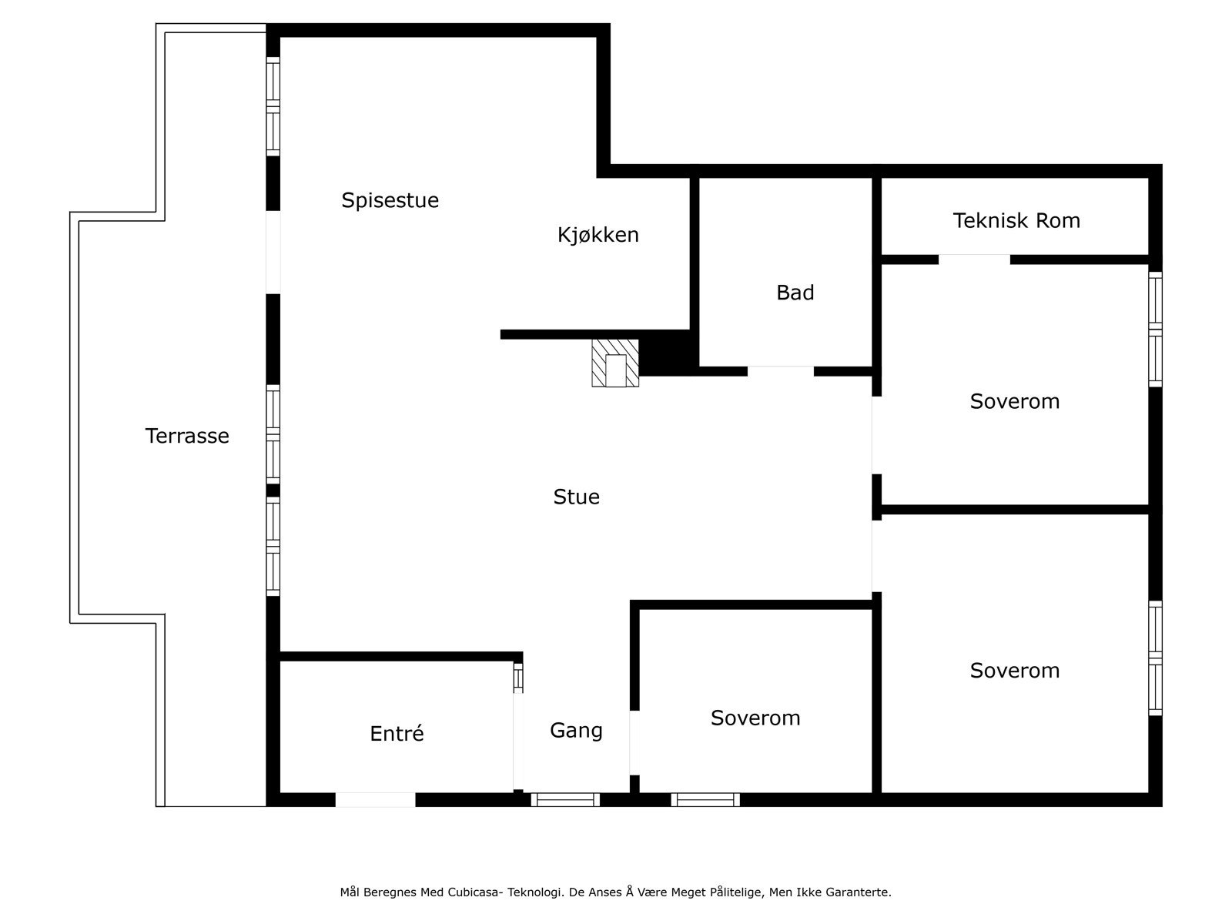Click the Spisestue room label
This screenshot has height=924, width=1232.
(x=390, y=200)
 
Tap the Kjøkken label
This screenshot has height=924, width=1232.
(x=598, y=235)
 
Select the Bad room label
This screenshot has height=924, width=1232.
(x=795, y=293)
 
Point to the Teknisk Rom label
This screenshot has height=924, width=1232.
(x=1016, y=221)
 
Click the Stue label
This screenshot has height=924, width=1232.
(x=576, y=497)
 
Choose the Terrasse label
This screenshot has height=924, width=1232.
(x=187, y=436)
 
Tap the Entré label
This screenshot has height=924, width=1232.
(x=397, y=734)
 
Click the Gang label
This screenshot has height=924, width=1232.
(x=576, y=730)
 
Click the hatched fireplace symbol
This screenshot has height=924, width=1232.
(x=614, y=363)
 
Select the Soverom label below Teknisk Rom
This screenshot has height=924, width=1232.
(x=1014, y=401)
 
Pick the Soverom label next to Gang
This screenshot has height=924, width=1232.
(x=755, y=718)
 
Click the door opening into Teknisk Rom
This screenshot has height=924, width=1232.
(x=973, y=259)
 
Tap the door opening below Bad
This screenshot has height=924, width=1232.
(x=780, y=371)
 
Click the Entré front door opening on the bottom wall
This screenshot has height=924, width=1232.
(x=375, y=800)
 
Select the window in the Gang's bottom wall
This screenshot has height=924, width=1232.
(x=565, y=800)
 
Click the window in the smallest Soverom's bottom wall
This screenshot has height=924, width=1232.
(x=705, y=800)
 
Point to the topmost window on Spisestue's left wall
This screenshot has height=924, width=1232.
(x=273, y=106)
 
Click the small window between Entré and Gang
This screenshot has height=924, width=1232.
(x=518, y=678)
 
